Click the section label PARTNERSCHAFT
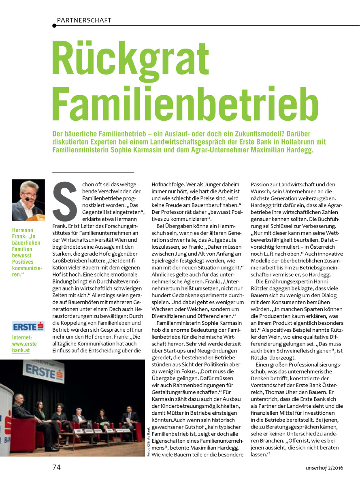pyautogui.click(x=84, y=20)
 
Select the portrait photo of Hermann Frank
pyautogui.click(x=28, y=200)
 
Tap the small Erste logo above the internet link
pyautogui.click(x=28, y=326)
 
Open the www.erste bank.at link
pyautogui.click(x=24, y=347)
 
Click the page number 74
pyautogui.click(x=56, y=467)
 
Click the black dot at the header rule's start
pyautogui.click(x=54, y=26)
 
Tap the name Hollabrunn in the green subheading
pyautogui.click(x=306, y=142)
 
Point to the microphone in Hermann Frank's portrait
pyautogui.click(x=28, y=199)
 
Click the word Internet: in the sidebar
pyautogui.click(x=22, y=337)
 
